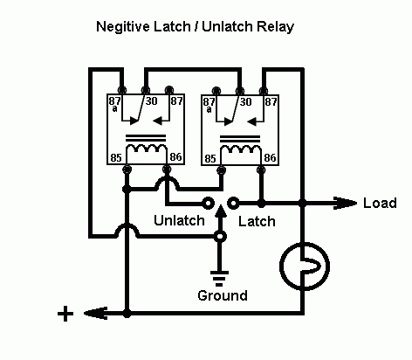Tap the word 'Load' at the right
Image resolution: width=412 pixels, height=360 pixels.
(379, 203)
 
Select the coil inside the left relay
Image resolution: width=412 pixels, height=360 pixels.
(148, 153)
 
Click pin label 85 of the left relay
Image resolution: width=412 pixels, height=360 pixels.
(113, 159)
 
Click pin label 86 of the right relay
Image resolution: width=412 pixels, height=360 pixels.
(271, 159)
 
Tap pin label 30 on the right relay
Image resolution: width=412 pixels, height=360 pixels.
(245, 102)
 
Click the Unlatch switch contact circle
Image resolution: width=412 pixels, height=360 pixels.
(208, 203)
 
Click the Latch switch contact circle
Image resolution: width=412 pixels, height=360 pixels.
(233, 203)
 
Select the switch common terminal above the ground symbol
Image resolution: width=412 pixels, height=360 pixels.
(220, 236)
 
